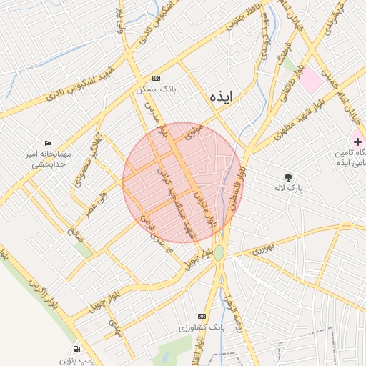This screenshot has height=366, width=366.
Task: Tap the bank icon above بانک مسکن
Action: tap(157, 79)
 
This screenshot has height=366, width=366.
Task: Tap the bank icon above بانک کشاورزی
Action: tap(202, 315)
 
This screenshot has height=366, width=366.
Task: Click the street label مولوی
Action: tap(194, 132)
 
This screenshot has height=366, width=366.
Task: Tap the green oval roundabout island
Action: tap(219, 253)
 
